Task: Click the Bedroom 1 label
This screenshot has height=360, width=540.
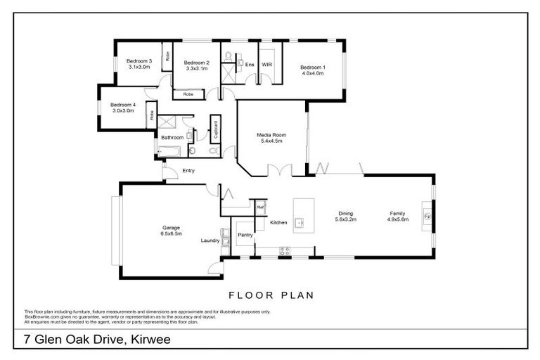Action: [x=313, y=67]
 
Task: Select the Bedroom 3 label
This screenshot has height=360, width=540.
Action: [x=139, y=61]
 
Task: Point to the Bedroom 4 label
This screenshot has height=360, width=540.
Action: [x=122, y=105]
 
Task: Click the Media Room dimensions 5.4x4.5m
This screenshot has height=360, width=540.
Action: [x=271, y=141]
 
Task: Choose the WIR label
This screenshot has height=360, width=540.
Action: [x=267, y=65]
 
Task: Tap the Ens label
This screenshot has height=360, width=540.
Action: [x=250, y=65]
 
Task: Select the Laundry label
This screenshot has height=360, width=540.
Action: [x=210, y=240]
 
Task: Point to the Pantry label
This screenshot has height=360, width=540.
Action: [x=245, y=235]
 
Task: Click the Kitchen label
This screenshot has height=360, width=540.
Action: [x=279, y=223]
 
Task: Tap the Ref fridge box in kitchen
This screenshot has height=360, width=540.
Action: [x=259, y=207]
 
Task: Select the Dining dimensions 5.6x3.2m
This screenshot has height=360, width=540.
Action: [x=345, y=220]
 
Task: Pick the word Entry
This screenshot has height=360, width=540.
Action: [x=188, y=171]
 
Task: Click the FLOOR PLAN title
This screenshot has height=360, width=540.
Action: [x=271, y=295]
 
